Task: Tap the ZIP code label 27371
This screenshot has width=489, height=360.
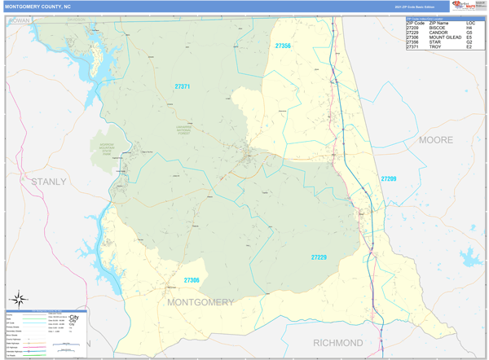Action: (182, 86)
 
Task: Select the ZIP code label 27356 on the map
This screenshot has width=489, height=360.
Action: (283, 46)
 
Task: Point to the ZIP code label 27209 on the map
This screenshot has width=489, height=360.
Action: (388, 178)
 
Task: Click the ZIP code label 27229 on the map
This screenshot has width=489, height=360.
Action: (319, 257)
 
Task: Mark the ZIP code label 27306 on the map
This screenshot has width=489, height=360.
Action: (192, 280)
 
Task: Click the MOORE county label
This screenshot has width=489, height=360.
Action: (436, 140)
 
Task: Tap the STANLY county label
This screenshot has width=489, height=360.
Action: (49, 181)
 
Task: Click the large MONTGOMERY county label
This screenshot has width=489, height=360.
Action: (200, 302)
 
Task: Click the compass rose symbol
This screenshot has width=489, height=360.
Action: (22, 299)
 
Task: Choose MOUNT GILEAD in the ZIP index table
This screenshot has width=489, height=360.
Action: (445, 37)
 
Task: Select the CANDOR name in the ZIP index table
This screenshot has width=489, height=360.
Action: (439, 33)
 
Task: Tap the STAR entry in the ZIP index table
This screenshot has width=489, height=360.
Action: (435, 42)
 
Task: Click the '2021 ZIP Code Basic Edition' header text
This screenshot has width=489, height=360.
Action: (415, 6)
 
